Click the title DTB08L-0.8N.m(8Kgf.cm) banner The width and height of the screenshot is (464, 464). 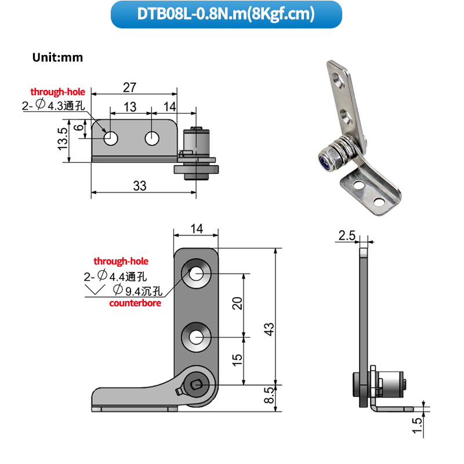[231, 14]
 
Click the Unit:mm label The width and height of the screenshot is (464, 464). [58, 57]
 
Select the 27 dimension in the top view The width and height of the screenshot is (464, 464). [129, 87]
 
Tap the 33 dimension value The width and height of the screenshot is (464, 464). [140, 186]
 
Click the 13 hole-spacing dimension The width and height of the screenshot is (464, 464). [130, 107]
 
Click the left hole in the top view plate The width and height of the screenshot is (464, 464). [110, 139]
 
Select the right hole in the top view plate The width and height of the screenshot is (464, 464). [152, 139]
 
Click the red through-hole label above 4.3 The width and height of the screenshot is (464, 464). [57, 92]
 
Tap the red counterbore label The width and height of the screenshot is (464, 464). [135, 303]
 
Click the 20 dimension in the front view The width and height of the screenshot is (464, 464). [237, 303]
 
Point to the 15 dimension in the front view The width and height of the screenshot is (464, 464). [237, 360]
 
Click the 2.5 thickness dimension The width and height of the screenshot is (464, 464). [346, 235]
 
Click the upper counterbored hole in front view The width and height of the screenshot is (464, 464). [196, 274]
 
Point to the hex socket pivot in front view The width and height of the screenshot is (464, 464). [196, 383]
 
